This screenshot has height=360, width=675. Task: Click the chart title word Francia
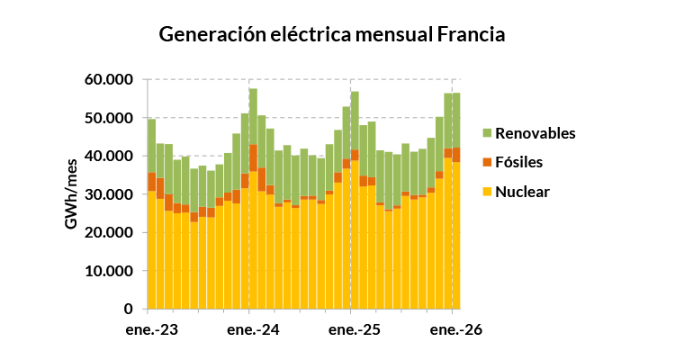tap(471, 34)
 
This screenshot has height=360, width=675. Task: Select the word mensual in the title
tap(394, 34)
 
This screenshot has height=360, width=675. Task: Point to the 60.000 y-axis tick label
tap(109, 80)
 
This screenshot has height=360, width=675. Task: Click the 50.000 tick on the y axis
tap(109, 118)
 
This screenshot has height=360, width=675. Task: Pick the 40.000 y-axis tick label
tap(109, 156)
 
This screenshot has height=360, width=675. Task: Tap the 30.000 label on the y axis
tap(109, 194)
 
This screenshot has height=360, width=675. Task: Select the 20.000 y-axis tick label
tap(109, 232)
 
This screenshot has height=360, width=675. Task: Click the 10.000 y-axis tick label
tap(109, 271)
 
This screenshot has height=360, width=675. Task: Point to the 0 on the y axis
tap(129, 309)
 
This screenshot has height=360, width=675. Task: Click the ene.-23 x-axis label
tap(152, 330)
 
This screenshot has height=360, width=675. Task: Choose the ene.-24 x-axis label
tap(253, 330)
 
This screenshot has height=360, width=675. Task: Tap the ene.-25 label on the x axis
tap(355, 330)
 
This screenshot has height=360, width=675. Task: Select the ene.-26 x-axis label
tap(456, 330)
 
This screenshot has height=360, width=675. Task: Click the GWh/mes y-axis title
tap(71, 194)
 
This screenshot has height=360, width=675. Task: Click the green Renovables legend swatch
tap(487, 133)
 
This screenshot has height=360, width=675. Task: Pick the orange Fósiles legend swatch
tap(487, 162)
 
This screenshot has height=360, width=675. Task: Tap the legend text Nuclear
tap(522, 192)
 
